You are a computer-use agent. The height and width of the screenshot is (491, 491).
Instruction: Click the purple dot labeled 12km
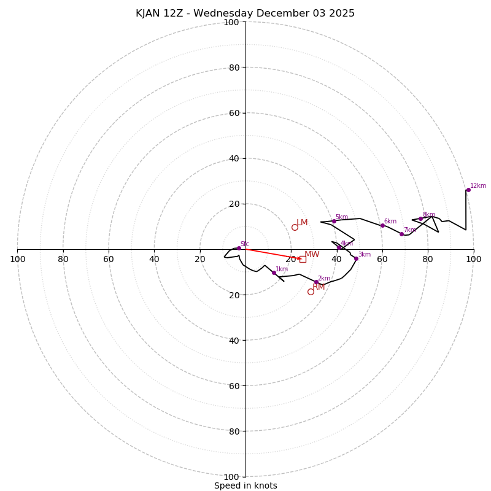[x=468, y=190]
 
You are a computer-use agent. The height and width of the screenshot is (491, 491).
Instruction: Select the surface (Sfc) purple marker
[x=239, y=248]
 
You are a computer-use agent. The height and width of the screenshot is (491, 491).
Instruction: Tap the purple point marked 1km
[x=274, y=273]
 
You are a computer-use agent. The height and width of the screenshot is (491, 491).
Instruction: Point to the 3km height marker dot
[x=356, y=258]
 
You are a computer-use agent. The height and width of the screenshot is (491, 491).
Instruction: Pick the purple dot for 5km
[x=334, y=221]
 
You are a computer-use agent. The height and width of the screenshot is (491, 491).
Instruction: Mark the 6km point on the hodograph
[x=382, y=225]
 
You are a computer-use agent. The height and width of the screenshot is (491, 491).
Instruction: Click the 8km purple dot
[x=420, y=219]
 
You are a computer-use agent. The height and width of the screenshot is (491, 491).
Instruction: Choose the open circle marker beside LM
[x=295, y=227]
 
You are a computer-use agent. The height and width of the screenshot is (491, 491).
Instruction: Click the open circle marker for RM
[x=311, y=292]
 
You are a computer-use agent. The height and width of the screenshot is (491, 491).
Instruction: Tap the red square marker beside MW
[x=303, y=259]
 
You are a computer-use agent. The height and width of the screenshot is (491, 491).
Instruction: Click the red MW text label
[x=312, y=254]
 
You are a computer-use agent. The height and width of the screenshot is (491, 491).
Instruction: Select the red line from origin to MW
[x=270, y=253]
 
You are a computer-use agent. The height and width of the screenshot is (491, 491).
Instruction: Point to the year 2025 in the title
[x=342, y=14]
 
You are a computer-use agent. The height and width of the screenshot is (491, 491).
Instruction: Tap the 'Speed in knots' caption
[x=245, y=485]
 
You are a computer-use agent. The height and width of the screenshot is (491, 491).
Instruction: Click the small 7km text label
[x=409, y=230]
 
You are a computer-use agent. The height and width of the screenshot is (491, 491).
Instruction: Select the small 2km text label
[x=323, y=279]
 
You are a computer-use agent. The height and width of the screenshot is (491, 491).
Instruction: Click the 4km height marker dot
[x=339, y=247]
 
